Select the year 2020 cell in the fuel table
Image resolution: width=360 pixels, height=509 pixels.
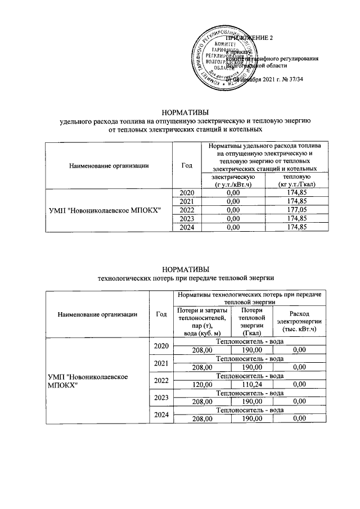tap(186, 192)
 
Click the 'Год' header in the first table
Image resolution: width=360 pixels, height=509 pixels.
tap(186, 165)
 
